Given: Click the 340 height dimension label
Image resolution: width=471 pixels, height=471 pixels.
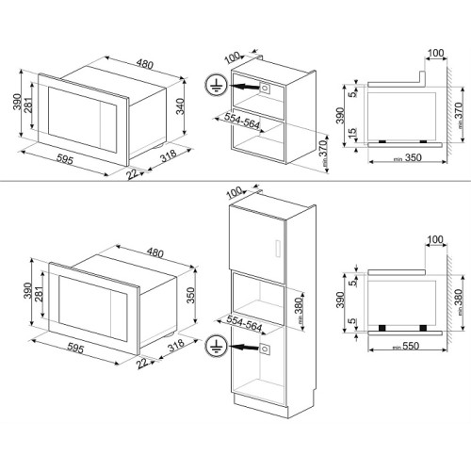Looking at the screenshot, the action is pos(180,106).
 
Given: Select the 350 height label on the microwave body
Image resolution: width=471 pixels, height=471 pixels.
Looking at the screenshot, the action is pos(190,295).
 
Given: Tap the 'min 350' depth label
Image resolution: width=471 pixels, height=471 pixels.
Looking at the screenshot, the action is pos(408,157).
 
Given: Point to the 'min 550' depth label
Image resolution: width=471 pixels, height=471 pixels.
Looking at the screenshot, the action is pos(406,346).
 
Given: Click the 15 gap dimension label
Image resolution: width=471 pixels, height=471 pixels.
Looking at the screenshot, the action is pos(353,133).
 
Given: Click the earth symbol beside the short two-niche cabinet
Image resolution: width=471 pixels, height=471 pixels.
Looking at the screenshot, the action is pos(216,86).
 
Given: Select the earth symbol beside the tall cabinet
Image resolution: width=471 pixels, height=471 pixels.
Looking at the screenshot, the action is pos(216,345).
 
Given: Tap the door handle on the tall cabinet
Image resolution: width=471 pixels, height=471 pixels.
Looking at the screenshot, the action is pos(277,249).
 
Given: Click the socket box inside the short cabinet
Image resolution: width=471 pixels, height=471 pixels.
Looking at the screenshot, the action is pos(265,88).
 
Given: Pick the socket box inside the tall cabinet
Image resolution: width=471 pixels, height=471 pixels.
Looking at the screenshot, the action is pos(265,349).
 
